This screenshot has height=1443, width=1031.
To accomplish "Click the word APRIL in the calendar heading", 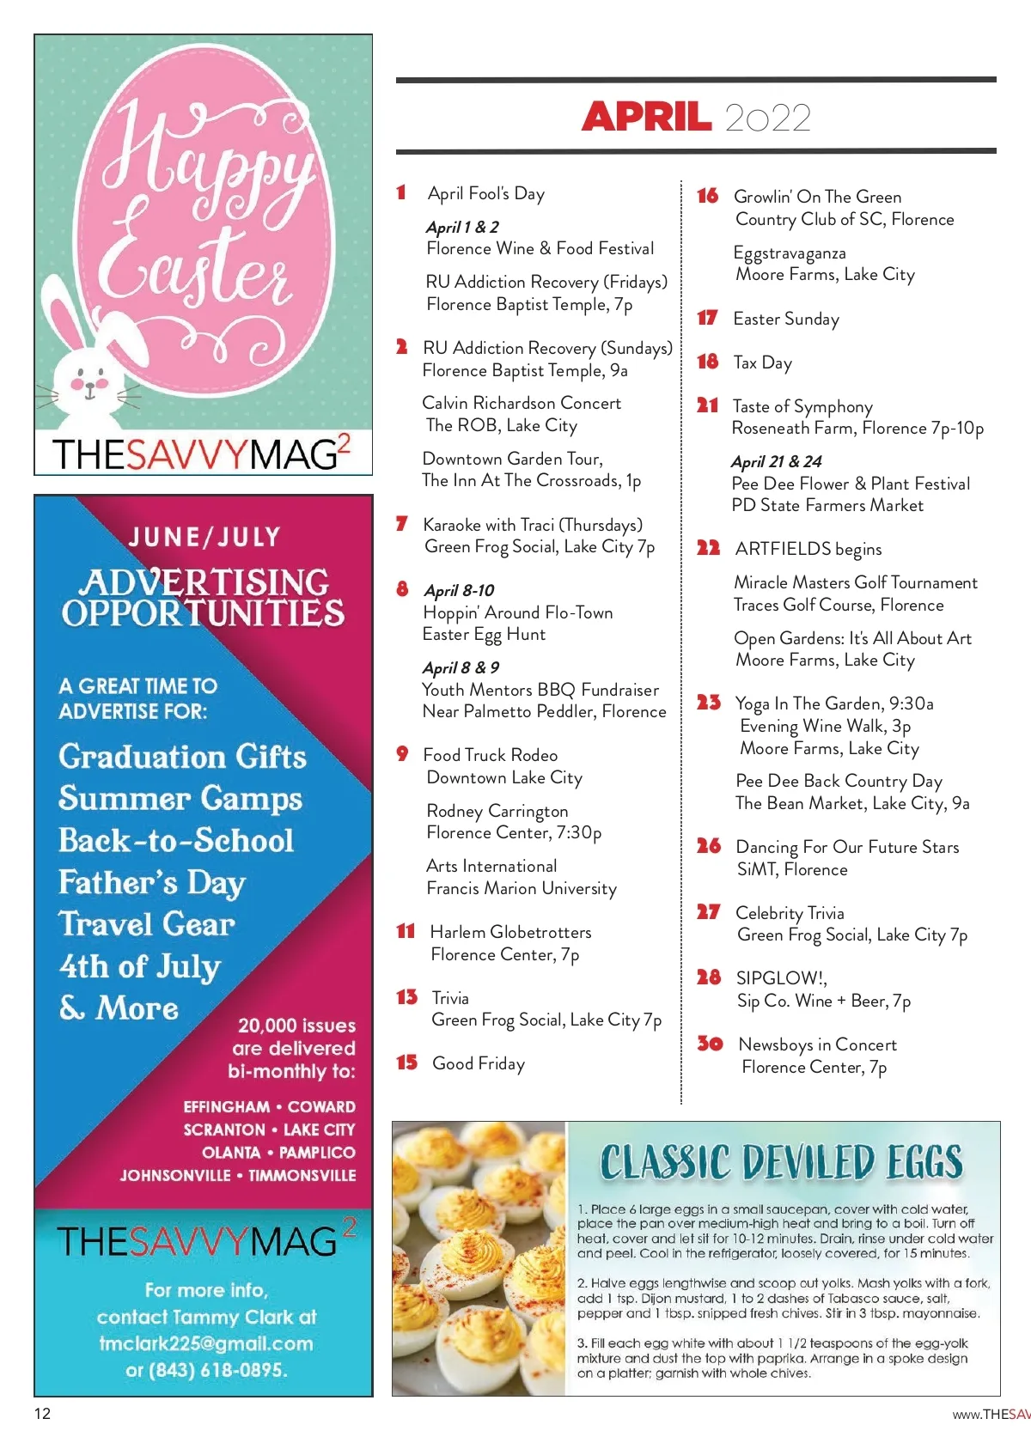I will pos(646,117).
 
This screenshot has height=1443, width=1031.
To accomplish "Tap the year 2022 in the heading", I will pos(767,118).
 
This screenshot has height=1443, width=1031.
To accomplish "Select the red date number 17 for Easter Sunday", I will pos(707,318).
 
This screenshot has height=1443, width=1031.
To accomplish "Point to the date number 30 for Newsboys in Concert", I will pos(710,1043).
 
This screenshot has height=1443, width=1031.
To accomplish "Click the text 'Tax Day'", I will pos(762,362).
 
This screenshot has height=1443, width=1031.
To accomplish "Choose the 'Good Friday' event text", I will pos(479,1063).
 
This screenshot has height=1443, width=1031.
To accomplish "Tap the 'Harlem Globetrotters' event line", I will pos(510,932).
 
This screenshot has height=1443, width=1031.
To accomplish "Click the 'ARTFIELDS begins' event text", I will pos(808,549).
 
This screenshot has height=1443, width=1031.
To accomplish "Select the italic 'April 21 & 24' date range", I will pos(776,461).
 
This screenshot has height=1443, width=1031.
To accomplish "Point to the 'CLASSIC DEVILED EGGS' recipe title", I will pos(781,1162).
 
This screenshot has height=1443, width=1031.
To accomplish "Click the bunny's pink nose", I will pos(88,384).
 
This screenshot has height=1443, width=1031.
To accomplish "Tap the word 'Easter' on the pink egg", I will pos(196,266).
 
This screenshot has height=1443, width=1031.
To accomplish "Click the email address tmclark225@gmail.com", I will pos(205,1343).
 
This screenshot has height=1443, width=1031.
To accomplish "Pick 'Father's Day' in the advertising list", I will pos(152,882).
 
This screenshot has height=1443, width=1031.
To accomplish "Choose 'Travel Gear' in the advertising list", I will pos(147,924).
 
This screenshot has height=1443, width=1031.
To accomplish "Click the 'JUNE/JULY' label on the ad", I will pos(204,538).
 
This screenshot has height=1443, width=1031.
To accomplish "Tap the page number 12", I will pos(42,1414).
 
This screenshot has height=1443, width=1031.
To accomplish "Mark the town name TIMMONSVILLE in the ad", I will pos(302,1175).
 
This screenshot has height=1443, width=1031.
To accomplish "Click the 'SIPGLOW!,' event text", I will pos(781,978).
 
